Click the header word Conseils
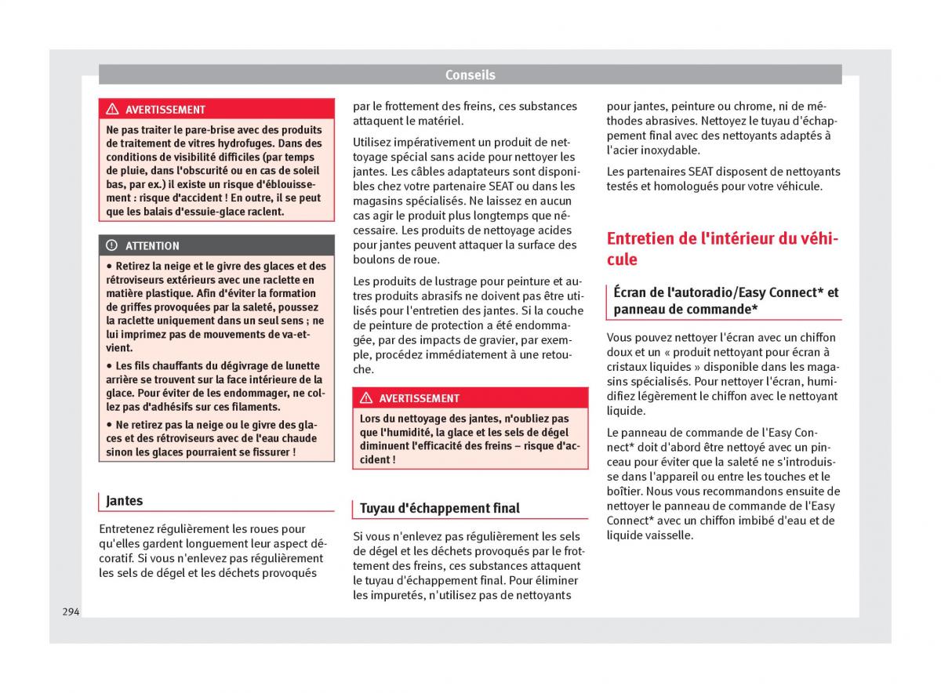(470, 75)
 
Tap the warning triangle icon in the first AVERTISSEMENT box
(112, 110)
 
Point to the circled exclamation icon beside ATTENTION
(112, 245)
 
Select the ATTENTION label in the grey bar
(152, 245)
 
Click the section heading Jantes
(125, 500)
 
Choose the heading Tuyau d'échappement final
(439, 508)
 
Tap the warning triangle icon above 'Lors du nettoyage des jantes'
(365, 398)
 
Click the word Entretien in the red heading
(645, 238)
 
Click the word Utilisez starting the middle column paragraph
(376, 142)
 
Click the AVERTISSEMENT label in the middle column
(419, 398)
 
